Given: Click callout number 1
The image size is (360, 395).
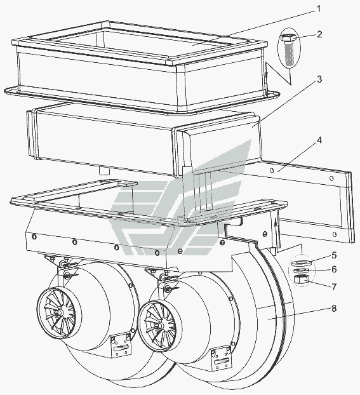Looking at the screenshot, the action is pos(319,8).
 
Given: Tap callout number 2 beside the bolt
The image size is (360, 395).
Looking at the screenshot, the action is pos(319,34).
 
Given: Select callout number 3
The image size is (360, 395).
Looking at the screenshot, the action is pos(319,79).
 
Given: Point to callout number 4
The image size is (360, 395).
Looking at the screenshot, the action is pos(319,140).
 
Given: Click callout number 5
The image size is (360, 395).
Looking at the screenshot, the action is pos(334,255).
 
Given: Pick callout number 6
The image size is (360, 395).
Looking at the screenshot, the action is pos(334,269).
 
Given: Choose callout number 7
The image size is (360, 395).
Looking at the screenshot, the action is pos(334,286).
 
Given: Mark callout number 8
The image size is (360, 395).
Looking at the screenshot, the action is pos(334,309).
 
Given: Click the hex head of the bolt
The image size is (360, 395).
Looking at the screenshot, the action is pos(289,38).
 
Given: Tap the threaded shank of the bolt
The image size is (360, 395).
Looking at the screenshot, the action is pos(290,53).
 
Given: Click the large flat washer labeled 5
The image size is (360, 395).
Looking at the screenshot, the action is pos(302,263).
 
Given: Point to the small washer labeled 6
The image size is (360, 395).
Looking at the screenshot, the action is pos(300,271).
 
